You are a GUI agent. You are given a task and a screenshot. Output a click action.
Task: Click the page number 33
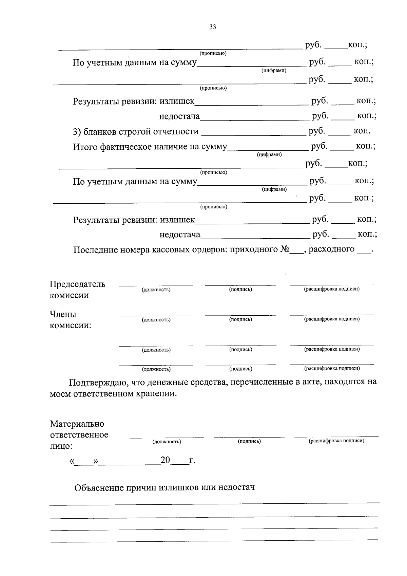[x=213, y=27]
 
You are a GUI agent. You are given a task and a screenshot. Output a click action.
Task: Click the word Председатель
[x=77, y=284]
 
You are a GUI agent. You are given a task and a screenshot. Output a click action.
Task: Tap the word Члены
[x=63, y=314]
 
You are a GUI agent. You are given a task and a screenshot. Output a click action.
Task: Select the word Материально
[x=77, y=424]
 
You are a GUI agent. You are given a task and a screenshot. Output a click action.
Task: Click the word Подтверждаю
[x=97, y=383]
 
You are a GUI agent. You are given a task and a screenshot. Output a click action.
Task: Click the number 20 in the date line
[x=165, y=460]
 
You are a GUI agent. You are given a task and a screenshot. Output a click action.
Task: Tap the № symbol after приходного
[x=285, y=249]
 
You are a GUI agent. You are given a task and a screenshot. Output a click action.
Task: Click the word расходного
[x=331, y=249]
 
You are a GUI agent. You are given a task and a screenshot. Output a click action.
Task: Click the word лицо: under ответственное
[x=61, y=446]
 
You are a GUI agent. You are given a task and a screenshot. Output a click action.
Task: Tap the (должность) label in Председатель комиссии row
[x=156, y=290]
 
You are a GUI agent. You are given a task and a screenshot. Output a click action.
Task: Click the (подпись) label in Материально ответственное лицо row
[x=249, y=441]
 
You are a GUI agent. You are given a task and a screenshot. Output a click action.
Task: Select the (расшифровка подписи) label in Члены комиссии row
[x=332, y=319]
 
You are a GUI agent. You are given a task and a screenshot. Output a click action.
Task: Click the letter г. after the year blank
[x=192, y=461]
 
